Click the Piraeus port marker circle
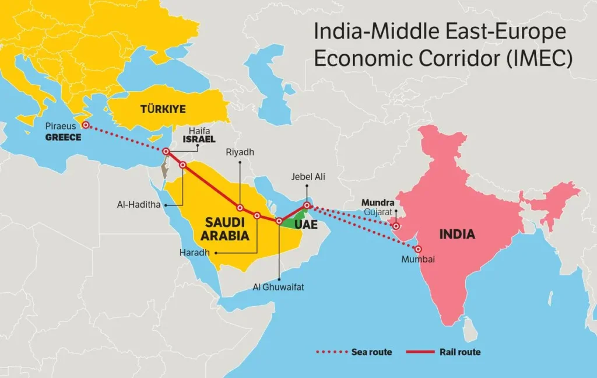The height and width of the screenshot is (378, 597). click(85, 125)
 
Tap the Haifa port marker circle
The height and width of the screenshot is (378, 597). click(166, 152)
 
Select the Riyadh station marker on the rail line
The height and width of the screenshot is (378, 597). click(240, 208)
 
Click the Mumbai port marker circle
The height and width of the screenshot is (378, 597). click(418, 249)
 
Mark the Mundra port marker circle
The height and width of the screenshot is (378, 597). click(396, 226)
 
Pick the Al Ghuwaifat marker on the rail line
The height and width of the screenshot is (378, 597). click(279, 222)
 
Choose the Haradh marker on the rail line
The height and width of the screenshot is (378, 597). click(257, 215)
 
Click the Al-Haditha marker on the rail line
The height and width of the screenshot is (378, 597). click(182, 165)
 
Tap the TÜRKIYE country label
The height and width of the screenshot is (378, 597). click(163, 109)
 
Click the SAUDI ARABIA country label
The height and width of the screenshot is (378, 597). click(227, 229)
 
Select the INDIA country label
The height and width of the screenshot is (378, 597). click(457, 235)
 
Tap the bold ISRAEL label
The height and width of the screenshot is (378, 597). click(199, 140)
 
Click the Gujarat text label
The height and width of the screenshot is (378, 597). click(379, 212)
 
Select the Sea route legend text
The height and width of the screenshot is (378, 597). click(371, 352)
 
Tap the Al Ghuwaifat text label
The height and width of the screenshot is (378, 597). click(279, 287)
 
